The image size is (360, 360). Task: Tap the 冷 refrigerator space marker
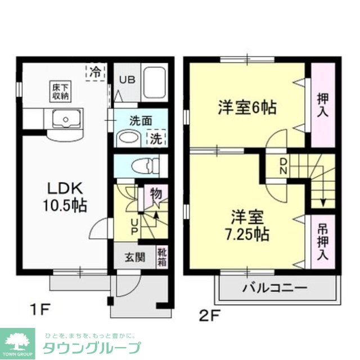(x=96, y=72)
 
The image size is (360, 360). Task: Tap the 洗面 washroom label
(x=141, y=120)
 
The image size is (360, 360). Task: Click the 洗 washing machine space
(x=155, y=138)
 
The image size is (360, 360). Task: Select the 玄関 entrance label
(x=134, y=258)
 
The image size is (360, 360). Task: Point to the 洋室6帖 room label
(x=247, y=107)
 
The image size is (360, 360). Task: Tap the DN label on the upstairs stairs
(x=284, y=166)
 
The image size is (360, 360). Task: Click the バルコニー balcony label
(x=275, y=289)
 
